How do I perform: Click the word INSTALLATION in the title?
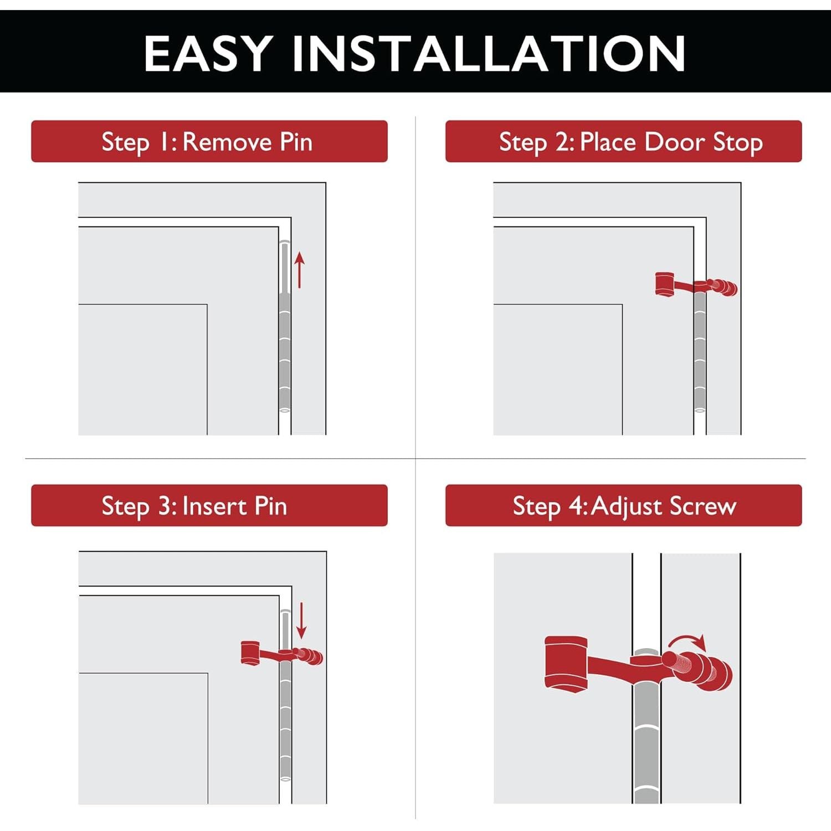[489, 53]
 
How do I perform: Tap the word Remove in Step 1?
[227, 142]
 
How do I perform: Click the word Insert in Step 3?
[214, 506]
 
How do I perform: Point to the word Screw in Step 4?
[703, 506]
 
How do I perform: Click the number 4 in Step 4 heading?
[576, 506]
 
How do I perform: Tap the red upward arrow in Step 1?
[299, 270]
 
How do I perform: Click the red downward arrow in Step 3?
[301, 620]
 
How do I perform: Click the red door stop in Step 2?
[696, 285]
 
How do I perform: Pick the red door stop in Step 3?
[281, 654]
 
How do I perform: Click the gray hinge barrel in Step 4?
[646, 742]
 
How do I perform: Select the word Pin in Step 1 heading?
[296, 142]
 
